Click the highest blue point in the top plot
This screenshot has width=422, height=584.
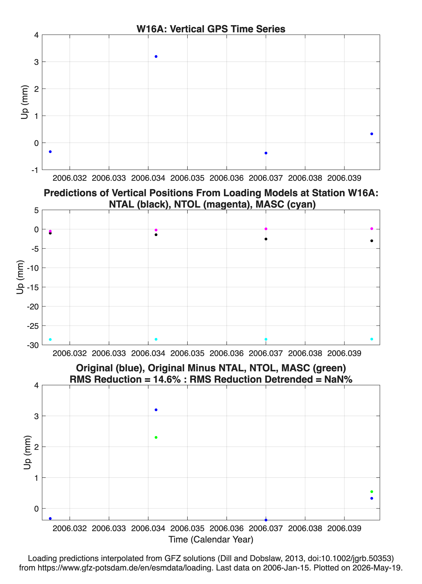click(x=156, y=56)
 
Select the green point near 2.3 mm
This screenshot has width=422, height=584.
click(x=156, y=438)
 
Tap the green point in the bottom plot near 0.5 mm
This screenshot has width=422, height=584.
click(x=371, y=492)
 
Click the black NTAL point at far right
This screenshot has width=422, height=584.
click(x=371, y=241)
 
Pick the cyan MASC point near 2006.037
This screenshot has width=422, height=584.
click(x=266, y=339)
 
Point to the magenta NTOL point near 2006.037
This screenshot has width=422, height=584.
click(x=266, y=229)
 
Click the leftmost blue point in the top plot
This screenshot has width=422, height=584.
click(x=50, y=152)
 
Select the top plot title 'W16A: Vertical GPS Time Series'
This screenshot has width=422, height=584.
click(x=211, y=29)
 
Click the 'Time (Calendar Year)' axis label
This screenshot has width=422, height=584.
click(x=211, y=539)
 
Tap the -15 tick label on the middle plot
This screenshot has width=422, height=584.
click(x=33, y=287)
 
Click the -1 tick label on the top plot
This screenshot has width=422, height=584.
click(x=35, y=170)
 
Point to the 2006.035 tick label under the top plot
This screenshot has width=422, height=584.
click(x=187, y=178)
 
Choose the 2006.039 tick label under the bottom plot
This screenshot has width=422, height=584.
click(x=344, y=528)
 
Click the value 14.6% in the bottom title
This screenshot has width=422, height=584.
click(x=167, y=379)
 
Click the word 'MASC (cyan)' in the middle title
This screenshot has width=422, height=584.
click(x=285, y=204)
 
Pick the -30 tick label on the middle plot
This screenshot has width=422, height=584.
click(x=33, y=345)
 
